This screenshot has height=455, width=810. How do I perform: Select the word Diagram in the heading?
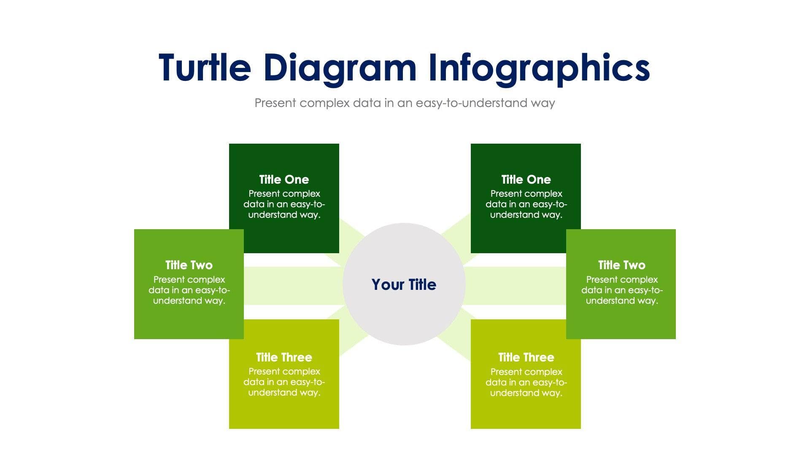pyautogui.click(x=340, y=68)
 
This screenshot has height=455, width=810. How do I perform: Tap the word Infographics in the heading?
pyautogui.click(x=539, y=68)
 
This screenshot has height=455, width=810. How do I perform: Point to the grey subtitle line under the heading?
pyautogui.click(x=405, y=103)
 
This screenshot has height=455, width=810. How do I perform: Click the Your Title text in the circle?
pyautogui.click(x=404, y=285)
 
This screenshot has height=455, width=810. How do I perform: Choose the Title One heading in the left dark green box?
pyautogui.click(x=284, y=179)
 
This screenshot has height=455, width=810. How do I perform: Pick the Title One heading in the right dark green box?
pyautogui.click(x=526, y=179)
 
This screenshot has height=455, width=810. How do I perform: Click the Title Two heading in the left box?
pyautogui.click(x=189, y=265)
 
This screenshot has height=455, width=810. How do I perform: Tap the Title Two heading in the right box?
pyautogui.click(x=621, y=265)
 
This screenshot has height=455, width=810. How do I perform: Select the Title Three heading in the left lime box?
pyautogui.click(x=284, y=357)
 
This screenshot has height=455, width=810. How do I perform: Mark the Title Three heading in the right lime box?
pyautogui.click(x=526, y=357)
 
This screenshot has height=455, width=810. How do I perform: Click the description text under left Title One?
pyautogui.click(x=284, y=204)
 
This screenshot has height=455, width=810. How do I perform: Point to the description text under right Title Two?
pyautogui.click(x=622, y=290)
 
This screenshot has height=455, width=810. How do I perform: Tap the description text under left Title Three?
pyautogui.click(x=284, y=382)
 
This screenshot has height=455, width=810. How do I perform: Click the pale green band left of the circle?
pyautogui.click(x=293, y=286)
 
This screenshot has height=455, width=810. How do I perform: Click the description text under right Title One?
pyautogui.click(x=526, y=204)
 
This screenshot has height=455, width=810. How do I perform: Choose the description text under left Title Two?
pyautogui.click(x=189, y=290)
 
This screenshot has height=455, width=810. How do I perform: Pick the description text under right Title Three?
pyautogui.click(x=526, y=383)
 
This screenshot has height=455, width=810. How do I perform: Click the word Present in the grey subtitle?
pyautogui.click(x=275, y=103)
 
